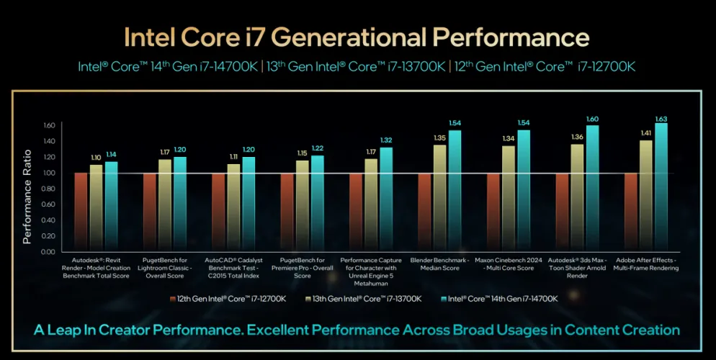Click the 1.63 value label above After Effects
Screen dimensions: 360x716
pyautogui.click(x=661, y=119)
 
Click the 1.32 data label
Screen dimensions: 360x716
pyautogui.click(x=386, y=140)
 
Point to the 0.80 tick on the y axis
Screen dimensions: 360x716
pyautogui.click(x=48, y=189)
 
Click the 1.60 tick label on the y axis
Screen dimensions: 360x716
pyautogui.click(x=48, y=125)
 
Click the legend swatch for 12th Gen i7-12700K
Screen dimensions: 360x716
pyautogui.click(x=172, y=299)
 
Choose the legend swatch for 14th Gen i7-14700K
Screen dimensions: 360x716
pyautogui.click(x=440, y=299)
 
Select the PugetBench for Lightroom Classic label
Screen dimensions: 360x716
pyautogui.click(x=164, y=267)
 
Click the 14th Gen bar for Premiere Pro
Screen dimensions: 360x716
pyautogui.click(x=317, y=203)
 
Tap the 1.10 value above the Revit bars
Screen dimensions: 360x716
pyautogui.click(x=96, y=157)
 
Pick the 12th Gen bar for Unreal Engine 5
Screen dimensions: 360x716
pyautogui.click(x=356, y=212)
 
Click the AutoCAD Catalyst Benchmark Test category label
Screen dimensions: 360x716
pyautogui.click(x=233, y=267)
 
